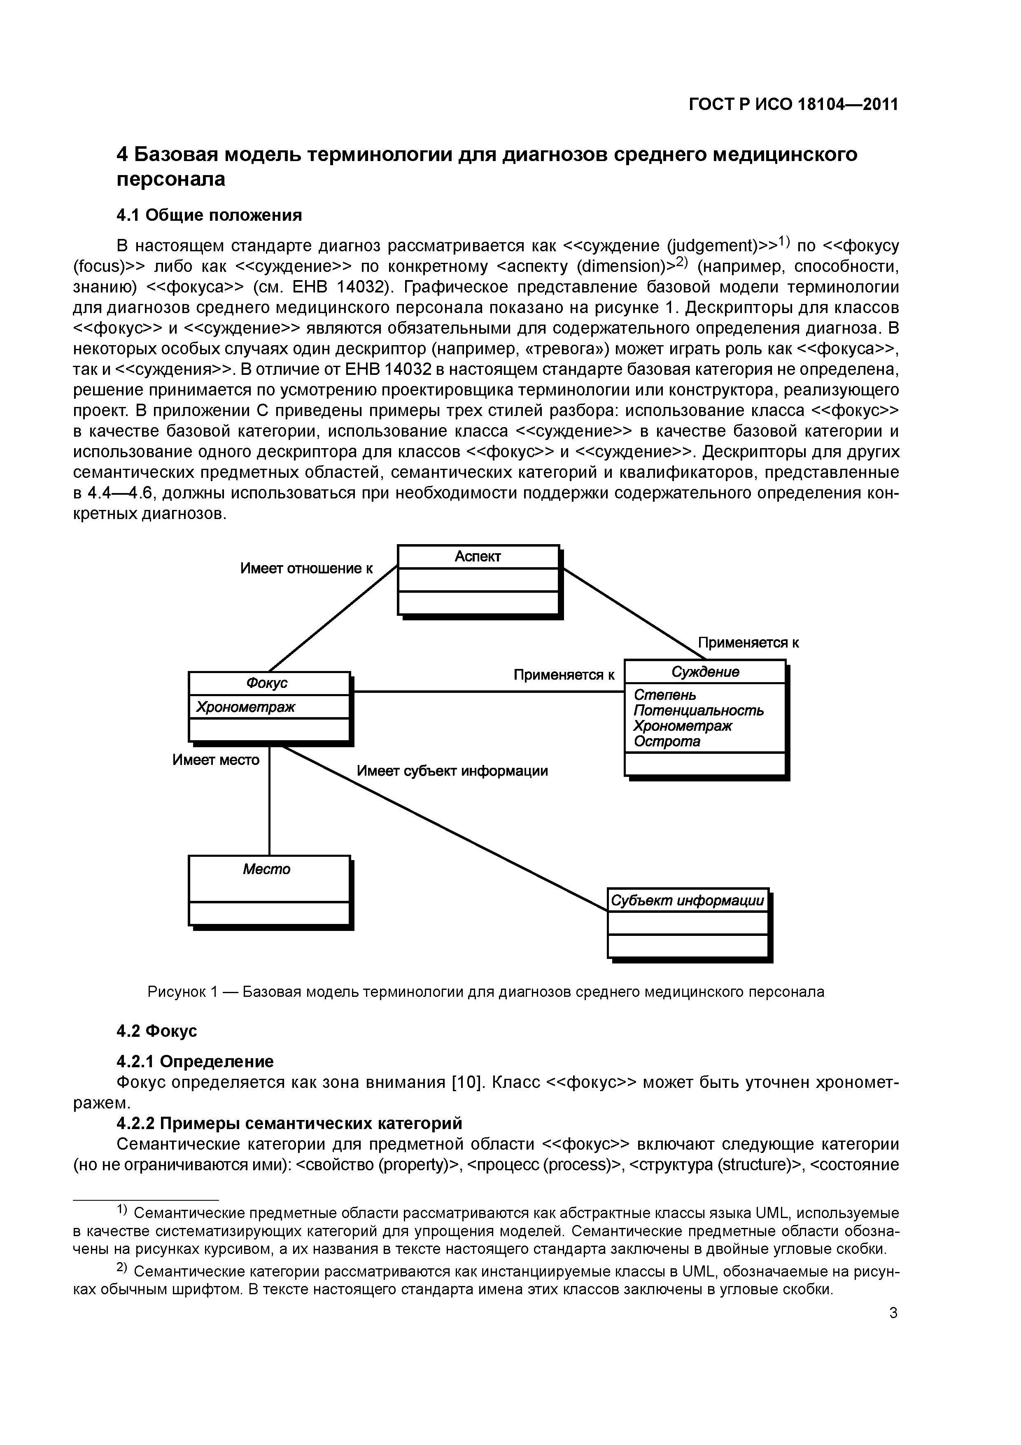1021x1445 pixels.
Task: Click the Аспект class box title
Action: (x=478, y=556)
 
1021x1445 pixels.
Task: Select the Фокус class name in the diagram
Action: (x=267, y=683)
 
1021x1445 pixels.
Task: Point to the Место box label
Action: (x=267, y=869)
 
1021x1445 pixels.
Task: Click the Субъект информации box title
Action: (x=688, y=900)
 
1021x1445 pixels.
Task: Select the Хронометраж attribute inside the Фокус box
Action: (x=245, y=707)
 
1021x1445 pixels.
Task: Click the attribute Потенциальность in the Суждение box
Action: (x=698, y=711)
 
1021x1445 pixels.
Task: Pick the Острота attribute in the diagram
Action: (x=667, y=741)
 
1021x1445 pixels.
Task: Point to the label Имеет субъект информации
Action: (x=452, y=771)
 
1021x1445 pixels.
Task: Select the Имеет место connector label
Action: (x=216, y=760)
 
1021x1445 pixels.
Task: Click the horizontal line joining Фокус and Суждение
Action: (x=487, y=692)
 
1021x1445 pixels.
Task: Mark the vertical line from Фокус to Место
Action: (x=269, y=799)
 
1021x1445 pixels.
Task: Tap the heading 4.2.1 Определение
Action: (x=195, y=1062)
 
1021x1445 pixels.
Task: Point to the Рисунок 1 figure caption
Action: (x=486, y=992)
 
